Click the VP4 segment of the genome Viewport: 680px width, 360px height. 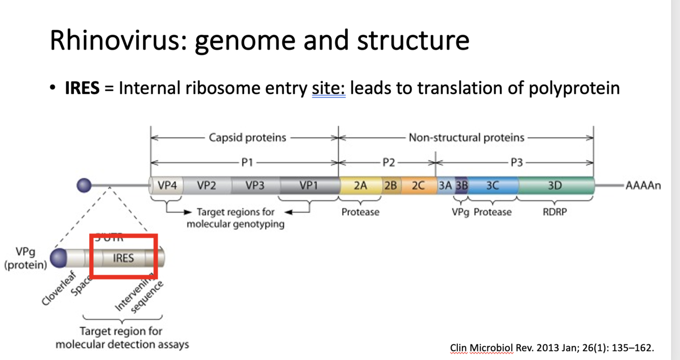point(167,186)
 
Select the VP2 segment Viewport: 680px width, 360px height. point(206,186)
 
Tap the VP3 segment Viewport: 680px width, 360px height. point(255,186)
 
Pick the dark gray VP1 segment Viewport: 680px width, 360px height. point(309,186)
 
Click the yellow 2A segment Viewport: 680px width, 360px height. point(360,186)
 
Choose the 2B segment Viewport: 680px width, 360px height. point(390,186)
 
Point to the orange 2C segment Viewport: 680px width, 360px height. point(418,186)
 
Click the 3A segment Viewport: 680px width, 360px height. point(445,186)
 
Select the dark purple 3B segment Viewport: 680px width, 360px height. point(462,186)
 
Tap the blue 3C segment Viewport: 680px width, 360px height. point(492,186)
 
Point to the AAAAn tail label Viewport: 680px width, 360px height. point(641,186)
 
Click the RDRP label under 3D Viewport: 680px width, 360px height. point(555,212)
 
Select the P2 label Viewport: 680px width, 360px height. point(389,163)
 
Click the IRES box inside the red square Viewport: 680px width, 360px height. point(123,258)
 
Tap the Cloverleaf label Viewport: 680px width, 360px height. point(59,288)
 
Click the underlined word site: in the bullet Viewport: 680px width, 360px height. point(329,89)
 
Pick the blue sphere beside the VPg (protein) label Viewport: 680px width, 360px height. point(59,258)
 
